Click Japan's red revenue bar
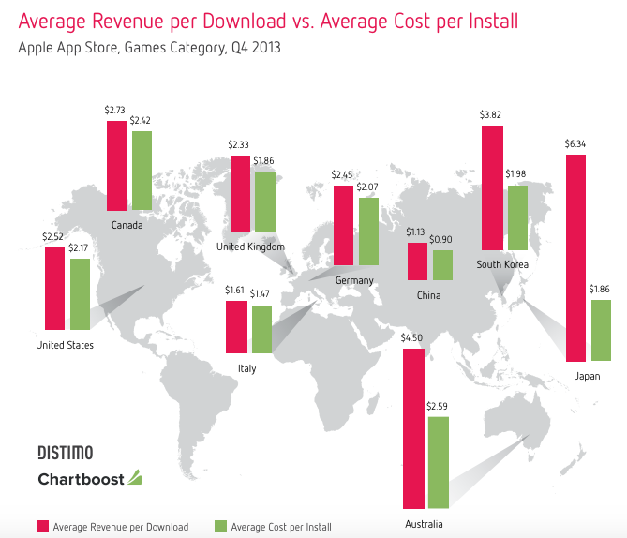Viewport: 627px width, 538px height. (576, 258)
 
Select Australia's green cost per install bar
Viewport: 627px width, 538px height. (438, 462)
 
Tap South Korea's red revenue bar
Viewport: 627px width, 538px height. (492, 187)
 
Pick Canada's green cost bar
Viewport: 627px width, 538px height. (142, 171)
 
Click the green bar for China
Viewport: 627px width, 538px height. (441, 264)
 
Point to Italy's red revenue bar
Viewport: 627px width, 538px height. (235, 327)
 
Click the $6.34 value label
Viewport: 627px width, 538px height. (575, 144)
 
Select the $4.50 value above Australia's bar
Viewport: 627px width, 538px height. (412, 338)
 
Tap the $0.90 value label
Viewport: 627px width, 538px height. (440, 240)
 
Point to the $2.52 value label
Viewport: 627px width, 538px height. (53, 236)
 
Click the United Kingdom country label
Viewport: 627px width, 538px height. (250, 247)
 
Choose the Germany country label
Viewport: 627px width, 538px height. (353, 280)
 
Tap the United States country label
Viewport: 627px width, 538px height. (65, 345)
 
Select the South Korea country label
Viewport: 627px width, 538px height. (502, 265)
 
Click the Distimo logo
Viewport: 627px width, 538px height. (65, 453)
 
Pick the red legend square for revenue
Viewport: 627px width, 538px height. (42, 526)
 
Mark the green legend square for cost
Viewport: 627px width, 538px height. (220, 526)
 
